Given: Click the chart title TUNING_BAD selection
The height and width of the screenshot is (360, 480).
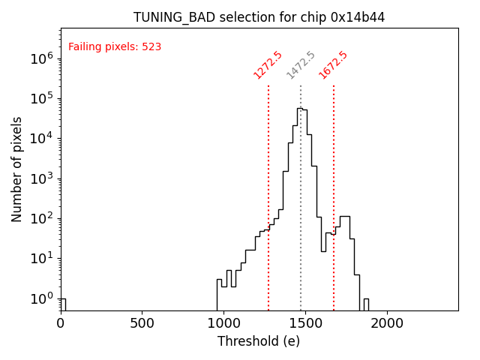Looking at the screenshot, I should [x=259, y=17].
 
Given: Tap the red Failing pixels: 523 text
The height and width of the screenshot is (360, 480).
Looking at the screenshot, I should [x=115, y=47].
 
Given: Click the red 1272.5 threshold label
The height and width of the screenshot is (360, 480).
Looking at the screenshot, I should [x=268, y=64].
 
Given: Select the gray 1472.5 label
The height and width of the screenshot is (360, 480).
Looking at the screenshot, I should [x=301, y=64].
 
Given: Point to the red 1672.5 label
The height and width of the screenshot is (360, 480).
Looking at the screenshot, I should [x=333, y=64].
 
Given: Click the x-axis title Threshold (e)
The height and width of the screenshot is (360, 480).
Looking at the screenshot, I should [x=259, y=341].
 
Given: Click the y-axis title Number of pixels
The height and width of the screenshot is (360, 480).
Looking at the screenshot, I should [x=17, y=169].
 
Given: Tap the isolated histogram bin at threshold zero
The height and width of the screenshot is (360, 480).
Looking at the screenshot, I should [x=63, y=304].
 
